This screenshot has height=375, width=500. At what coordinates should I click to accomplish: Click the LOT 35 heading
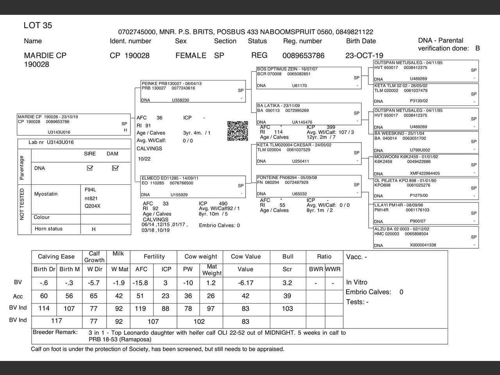pyautogui.click(x=38, y=26)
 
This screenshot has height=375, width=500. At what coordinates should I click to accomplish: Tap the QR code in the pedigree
pyautogui.click(x=237, y=131)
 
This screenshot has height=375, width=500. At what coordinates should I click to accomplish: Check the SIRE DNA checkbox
pyautogui.click(x=90, y=168)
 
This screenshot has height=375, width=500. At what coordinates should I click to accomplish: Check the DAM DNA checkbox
pyautogui.click(x=115, y=168)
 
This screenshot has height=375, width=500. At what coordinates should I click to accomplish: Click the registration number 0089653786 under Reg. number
pyautogui.click(x=303, y=56)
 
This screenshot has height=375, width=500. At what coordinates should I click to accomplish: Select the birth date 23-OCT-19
pyautogui.click(x=364, y=55)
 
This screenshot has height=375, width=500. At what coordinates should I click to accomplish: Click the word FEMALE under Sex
pyautogui.click(x=191, y=55)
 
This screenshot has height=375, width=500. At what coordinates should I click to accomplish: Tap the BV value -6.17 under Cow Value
pyautogui.click(x=246, y=283)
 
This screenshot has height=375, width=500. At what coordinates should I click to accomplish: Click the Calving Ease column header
pyautogui.click(x=56, y=257)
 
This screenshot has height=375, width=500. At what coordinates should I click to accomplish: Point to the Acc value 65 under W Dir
pyautogui.click(x=94, y=296)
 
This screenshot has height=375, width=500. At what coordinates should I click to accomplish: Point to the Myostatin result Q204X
pyautogui.click(x=93, y=206)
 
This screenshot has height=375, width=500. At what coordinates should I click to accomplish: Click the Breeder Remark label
pyautogui.click(x=55, y=332)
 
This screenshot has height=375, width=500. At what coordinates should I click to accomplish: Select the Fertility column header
pyautogui.click(x=154, y=257)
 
